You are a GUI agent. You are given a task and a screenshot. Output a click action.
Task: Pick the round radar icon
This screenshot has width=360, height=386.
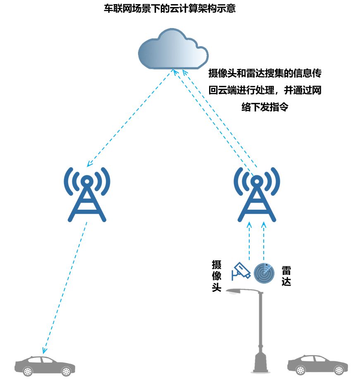point(264,272)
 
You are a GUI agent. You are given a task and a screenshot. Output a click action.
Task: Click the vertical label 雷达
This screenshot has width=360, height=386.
point(286,276)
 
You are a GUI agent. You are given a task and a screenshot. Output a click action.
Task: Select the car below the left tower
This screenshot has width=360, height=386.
point(45,366)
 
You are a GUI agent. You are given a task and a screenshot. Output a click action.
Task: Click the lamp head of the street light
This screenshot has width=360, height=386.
point(234,291)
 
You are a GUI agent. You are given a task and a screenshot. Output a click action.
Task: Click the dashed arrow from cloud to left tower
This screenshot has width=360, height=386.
point(129,118)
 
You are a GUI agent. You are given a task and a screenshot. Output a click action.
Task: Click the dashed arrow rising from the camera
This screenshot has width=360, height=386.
point(249,241)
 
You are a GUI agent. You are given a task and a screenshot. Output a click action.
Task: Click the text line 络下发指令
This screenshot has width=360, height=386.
point(265,107)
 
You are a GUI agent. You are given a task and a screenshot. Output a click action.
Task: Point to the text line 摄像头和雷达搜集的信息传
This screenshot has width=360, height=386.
point(265,73)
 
